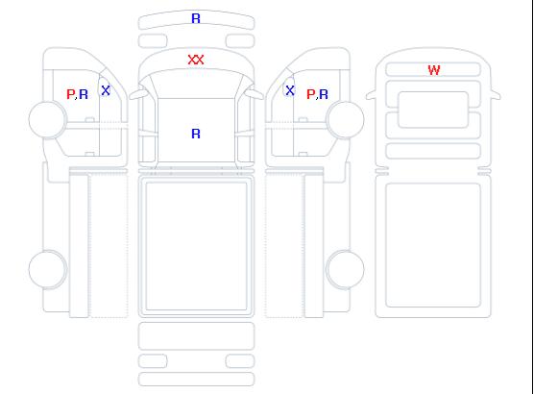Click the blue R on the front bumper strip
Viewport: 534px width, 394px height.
196,18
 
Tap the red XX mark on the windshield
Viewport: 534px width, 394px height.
196,60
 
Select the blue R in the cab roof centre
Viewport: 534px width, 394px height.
196,134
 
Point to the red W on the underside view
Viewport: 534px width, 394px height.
434,70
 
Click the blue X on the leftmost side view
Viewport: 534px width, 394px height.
106,90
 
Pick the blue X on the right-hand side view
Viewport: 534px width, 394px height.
290,90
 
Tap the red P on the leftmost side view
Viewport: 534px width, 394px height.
70,94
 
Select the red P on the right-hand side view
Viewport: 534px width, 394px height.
310,94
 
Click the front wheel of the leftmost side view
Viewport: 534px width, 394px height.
48,119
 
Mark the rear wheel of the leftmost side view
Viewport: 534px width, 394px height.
48,269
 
